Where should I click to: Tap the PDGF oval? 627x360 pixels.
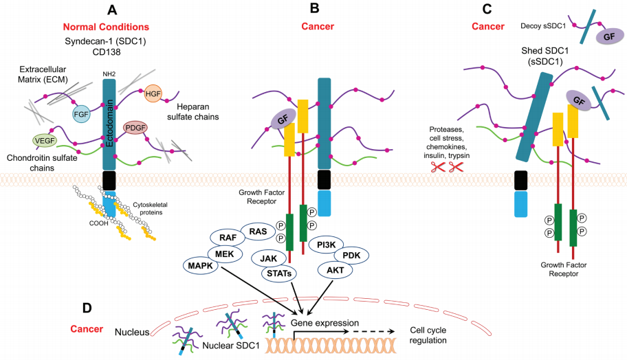click(x=136, y=128)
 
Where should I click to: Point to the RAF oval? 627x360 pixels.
click(x=228, y=238)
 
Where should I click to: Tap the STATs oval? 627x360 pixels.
click(x=278, y=273)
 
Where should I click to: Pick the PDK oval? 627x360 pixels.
click(x=351, y=255)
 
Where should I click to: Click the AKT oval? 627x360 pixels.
click(x=335, y=270)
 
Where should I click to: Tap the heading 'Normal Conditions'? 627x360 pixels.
click(x=106, y=27)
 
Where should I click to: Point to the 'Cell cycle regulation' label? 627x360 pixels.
click(x=432, y=335)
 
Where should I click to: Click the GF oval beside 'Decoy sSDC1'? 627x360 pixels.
click(x=609, y=37)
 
